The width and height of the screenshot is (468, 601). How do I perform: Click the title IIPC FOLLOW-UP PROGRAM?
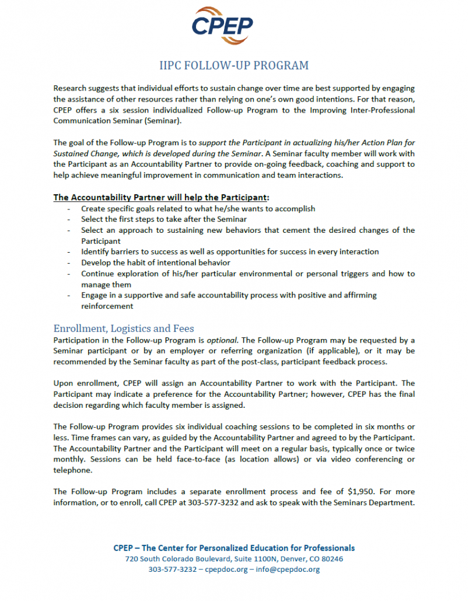234,65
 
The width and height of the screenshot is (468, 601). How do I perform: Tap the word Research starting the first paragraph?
70,88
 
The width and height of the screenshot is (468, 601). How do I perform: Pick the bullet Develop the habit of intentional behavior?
147,263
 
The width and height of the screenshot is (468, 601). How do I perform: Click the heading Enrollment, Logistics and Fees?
124,328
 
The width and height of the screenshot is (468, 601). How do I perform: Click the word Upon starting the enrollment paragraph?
64,383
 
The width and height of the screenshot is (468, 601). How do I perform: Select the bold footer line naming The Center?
234,547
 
